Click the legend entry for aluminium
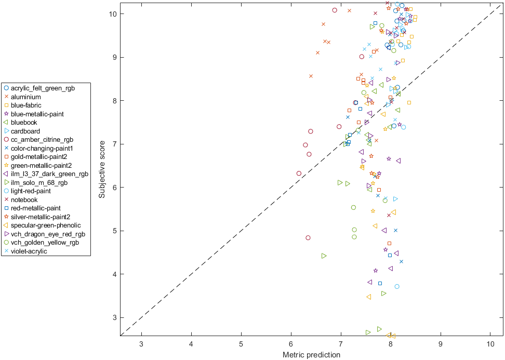pyautogui.click(x=26, y=97)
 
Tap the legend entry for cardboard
pyautogui.click(x=25, y=131)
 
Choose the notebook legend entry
pyautogui.click(x=24, y=200)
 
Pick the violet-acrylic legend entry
pyautogui.click(x=29, y=251)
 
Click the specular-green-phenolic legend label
pyautogui.click(x=46, y=225)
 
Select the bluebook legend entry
pyautogui.click(x=24, y=123)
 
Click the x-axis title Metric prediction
pyautogui.click(x=311, y=355)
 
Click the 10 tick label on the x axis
pyautogui.click(x=490, y=344)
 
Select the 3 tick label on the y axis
pyautogui.click(x=114, y=317)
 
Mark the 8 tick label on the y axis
pyautogui.click(x=114, y=100)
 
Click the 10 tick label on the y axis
pyautogui.click(x=112, y=14)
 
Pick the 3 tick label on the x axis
pyautogui.click(x=141, y=344)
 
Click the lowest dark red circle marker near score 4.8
pyautogui.click(x=308, y=238)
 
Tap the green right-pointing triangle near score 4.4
pyautogui.click(x=324, y=256)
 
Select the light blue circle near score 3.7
pyautogui.click(x=397, y=286)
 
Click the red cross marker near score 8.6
pyautogui.click(x=311, y=76)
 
